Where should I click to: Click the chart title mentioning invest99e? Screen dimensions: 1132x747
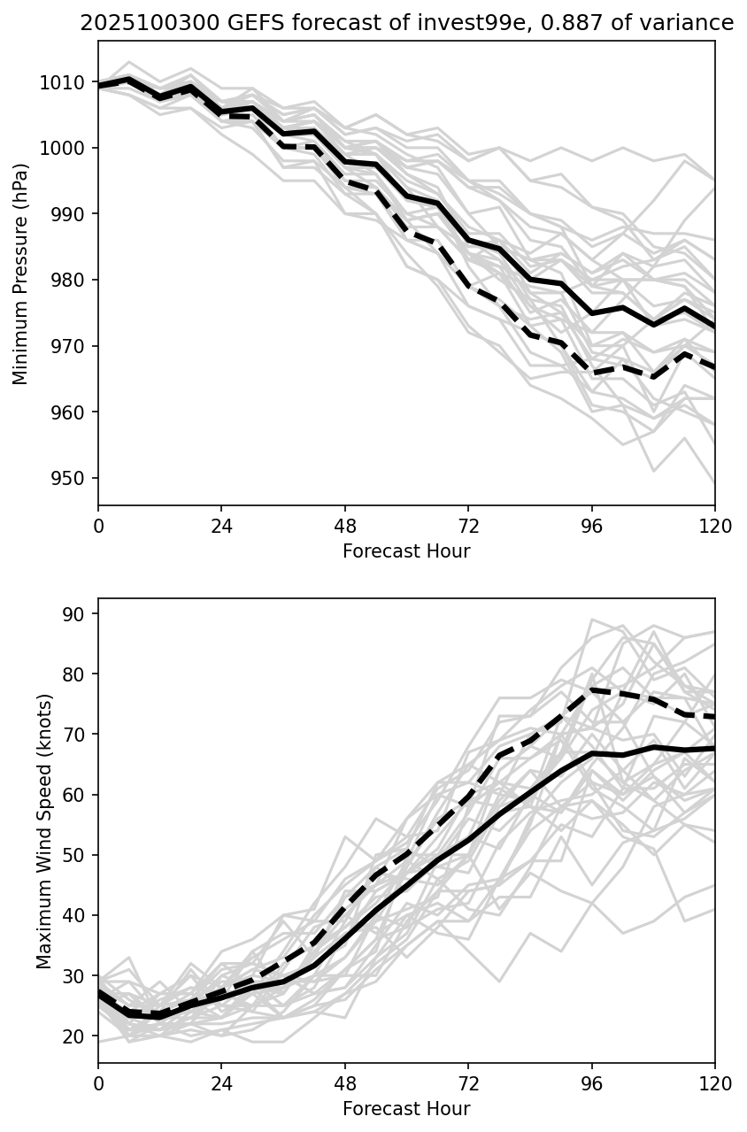tap(406, 24)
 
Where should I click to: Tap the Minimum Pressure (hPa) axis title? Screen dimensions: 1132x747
tap(21, 273)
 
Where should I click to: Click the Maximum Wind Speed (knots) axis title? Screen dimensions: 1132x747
tap(43, 831)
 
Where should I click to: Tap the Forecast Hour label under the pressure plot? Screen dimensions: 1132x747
tap(406, 551)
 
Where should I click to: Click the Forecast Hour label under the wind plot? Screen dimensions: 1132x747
tap(406, 1109)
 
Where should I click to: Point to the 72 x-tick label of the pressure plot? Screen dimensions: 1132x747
tap(468, 527)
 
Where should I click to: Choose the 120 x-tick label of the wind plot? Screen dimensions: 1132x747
tap(715, 1084)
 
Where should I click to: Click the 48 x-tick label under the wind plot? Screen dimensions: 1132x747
tap(345, 1084)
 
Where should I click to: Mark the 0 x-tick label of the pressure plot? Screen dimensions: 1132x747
tap(98, 527)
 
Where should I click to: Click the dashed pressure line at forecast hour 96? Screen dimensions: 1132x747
tap(592, 373)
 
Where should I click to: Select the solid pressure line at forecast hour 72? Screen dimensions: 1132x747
tap(468, 240)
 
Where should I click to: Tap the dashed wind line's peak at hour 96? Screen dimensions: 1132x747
tap(592, 689)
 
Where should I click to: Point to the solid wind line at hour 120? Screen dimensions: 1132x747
tap(713, 748)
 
